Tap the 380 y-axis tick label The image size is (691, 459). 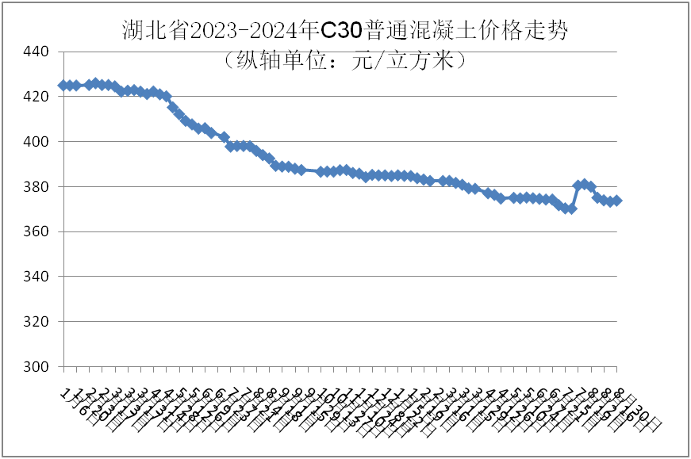[36, 187]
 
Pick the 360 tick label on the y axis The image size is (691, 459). [36, 232]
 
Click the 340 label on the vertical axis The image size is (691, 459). [36, 277]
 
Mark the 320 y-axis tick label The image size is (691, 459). [36, 322]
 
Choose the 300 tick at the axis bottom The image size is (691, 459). [36, 367]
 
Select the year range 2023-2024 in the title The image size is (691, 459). [244, 30]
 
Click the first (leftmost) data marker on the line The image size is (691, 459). [63, 85]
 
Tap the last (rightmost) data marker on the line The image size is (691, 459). [617, 201]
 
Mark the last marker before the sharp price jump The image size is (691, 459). [571, 208]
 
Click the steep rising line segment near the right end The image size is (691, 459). [574, 197]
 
